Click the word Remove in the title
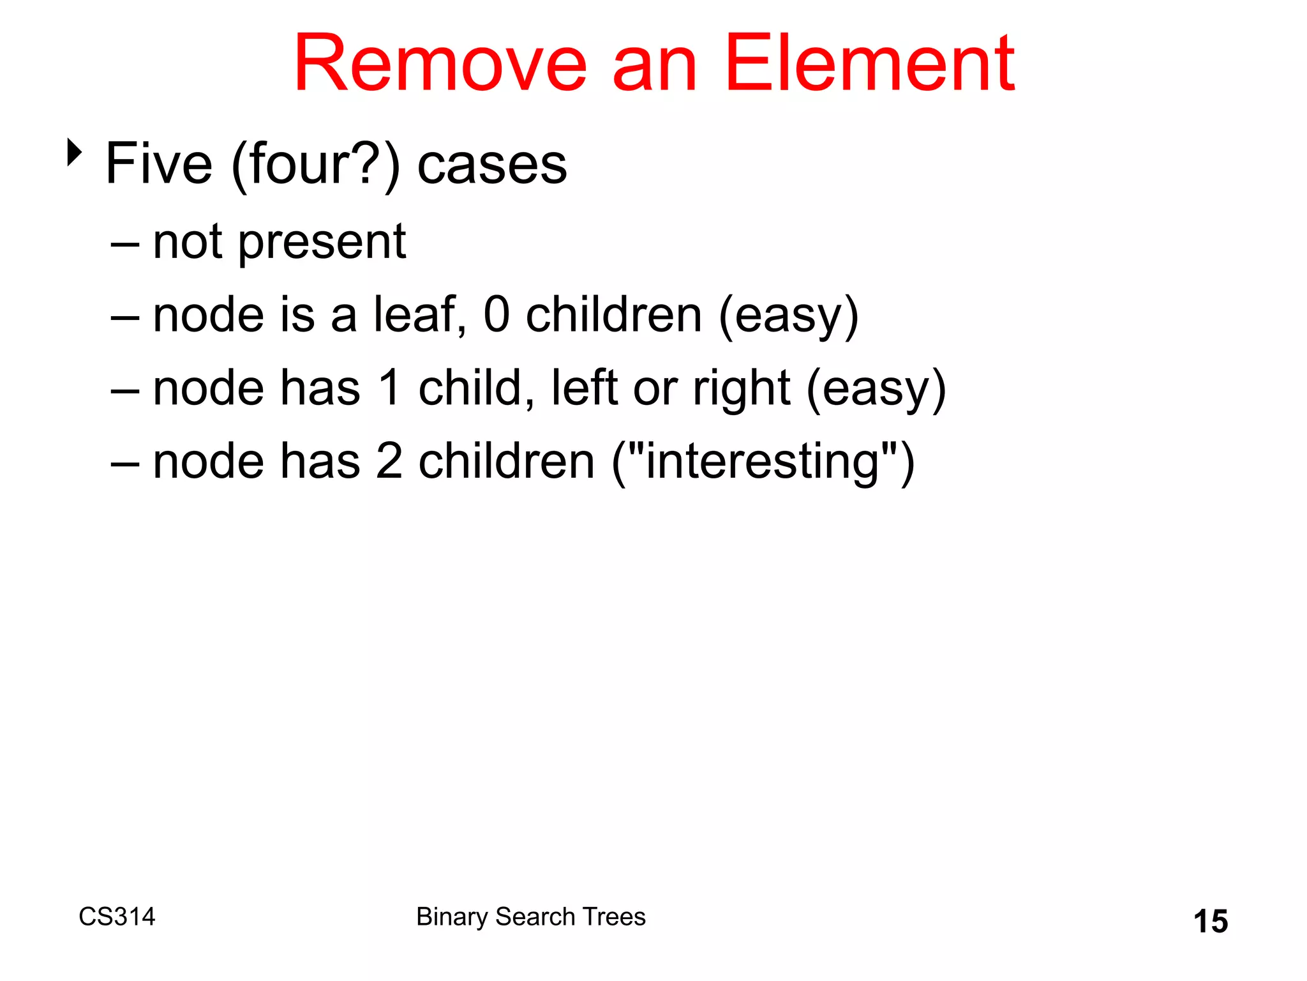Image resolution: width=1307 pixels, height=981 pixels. (440, 64)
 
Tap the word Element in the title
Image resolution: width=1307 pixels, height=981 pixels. (869, 64)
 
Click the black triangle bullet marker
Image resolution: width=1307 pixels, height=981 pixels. (75, 153)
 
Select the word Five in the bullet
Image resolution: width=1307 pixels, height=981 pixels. (158, 164)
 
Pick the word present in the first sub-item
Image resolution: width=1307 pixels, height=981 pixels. (322, 243)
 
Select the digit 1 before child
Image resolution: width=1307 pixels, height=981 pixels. (390, 388)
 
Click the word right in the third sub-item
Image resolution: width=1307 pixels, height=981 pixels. (742, 389)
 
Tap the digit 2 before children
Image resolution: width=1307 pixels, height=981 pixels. (389, 461)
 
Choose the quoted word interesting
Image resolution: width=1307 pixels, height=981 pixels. (763, 462)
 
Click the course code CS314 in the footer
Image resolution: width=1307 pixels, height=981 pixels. (117, 916)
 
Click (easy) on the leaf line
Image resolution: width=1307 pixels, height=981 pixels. (788, 316)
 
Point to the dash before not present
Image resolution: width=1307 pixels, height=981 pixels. (124, 245)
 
